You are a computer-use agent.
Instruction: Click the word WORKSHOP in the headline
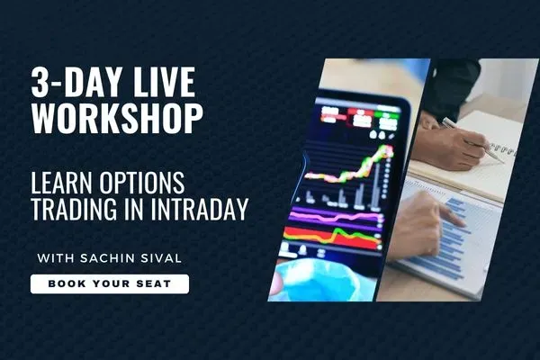pyautogui.click(x=117, y=117)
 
